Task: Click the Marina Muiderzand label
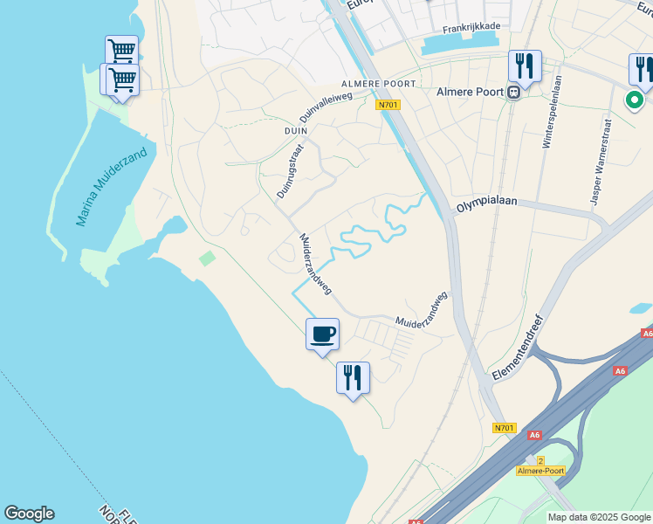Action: coord(111,187)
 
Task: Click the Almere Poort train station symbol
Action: coord(514,90)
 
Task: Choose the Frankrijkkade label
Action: coord(471,27)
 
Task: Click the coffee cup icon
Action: coord(322,334)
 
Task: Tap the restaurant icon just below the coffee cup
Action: coord(353,377)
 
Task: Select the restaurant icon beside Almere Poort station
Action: coord(525,65)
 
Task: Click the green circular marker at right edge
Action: coord(635,100)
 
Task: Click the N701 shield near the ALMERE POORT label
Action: coord(388,105)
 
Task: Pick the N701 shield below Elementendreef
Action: coord(504,427)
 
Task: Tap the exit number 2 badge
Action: coord(540,460)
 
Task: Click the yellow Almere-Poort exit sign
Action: coord(540,471)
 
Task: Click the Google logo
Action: coord(29,514)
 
